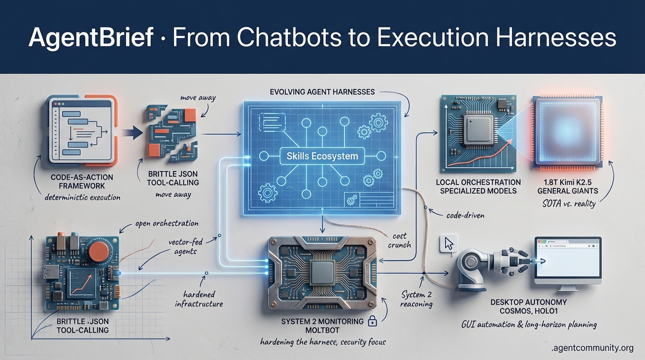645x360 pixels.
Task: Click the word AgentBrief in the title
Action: click(x=90, y=37)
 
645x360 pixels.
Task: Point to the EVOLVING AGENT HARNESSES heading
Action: click(x=322, y=91)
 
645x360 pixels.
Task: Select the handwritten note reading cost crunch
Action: click(x=399, y=240)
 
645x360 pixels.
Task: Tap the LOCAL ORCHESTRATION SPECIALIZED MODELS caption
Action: click(x=478, y=186)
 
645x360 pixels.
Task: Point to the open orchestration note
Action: click(x=166, y=223)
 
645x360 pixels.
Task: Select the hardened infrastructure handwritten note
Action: click(x=199, y=299)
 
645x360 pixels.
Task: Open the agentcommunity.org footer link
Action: click(x=592, y=348)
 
